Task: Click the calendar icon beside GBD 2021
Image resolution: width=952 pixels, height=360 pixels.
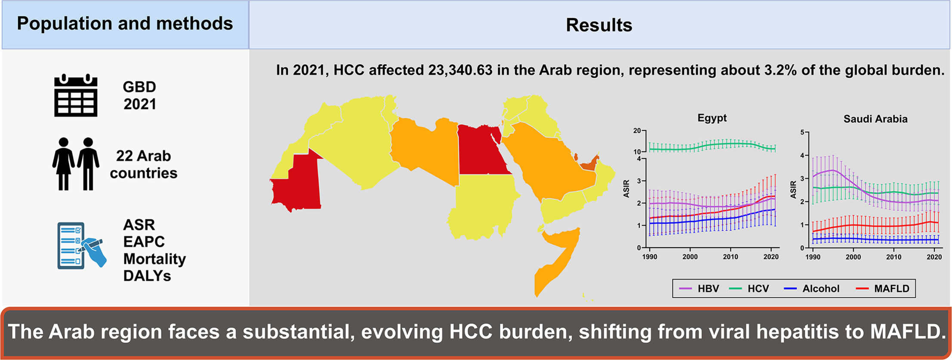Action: pos(76,95)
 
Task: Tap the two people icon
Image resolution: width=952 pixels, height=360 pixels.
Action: pos(76,164)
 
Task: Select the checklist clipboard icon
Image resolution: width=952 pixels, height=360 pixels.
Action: pos(81,246)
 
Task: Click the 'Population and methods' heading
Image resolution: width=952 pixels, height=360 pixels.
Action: pos(125,24)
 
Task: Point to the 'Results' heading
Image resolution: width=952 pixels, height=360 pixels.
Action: pos(599,25)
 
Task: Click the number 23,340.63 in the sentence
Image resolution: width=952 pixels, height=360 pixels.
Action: pos(460,70)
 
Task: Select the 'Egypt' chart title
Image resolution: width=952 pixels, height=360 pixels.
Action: pos(712,118)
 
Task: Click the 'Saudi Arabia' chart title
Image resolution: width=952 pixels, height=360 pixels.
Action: pos(875,119)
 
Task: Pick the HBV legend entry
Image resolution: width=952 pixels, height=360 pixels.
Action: pos(699,289)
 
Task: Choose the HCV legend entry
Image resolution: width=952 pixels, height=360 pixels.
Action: pos(749,289)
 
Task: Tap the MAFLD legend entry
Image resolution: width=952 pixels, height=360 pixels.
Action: pos(883,289)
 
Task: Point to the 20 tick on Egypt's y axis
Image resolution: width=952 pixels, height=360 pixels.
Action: pos(637,131)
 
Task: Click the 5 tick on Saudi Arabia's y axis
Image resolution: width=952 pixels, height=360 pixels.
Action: pos(802,132)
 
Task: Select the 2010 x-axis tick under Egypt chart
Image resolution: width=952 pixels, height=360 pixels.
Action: pos(730,257)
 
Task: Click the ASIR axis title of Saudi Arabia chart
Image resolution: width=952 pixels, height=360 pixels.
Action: pos(793,190)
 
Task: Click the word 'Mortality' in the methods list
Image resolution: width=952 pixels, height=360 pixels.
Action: pos(154,259)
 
